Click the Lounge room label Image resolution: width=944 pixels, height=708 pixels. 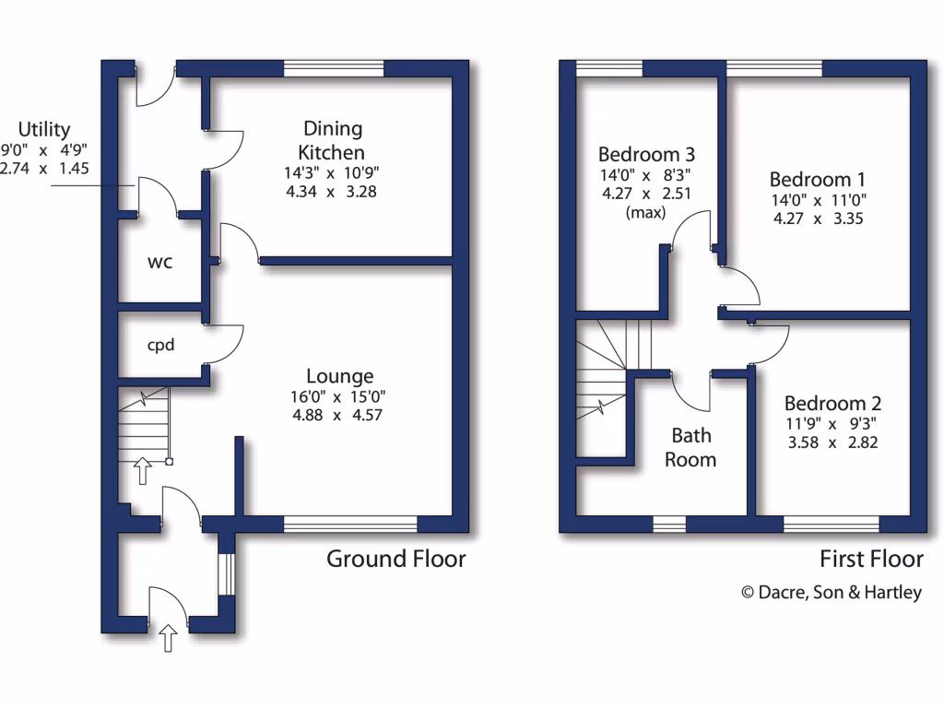[x=340, y=376]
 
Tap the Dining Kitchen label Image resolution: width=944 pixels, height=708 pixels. [x=334, y=140]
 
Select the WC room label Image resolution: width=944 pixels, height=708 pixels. [x=160, y=262]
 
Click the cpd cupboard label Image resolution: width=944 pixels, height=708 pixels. [x=161, y=347]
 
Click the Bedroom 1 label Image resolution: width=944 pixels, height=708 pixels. [x=818, y=179]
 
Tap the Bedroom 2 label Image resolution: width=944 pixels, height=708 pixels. [x=832, y=403]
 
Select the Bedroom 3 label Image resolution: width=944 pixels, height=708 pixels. [x=646, y=153]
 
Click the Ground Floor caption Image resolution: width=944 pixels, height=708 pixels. [x=396, y=559]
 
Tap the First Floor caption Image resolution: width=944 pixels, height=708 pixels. [x=871, y=559]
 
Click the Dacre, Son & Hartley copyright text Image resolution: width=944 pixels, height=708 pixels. [x=832, y=593]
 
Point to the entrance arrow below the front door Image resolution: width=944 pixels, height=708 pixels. [x=169, y=638]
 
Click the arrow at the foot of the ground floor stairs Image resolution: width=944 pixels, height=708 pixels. [x=143, y=471]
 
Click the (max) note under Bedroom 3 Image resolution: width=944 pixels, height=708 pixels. [x=646, y=213]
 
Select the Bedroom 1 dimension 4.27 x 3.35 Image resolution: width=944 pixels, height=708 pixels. [x=818, y=219]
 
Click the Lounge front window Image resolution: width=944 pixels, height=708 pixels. [x=350, y=525]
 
